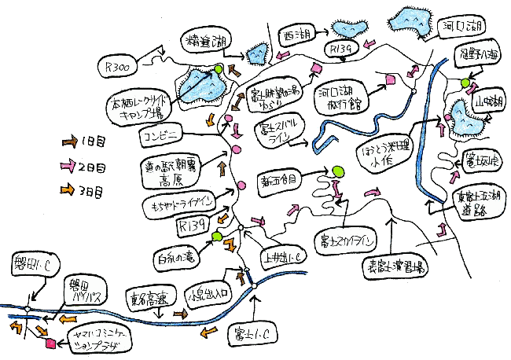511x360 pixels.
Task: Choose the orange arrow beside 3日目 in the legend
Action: point(68,189)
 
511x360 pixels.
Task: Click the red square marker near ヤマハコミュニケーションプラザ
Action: point(51,343)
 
